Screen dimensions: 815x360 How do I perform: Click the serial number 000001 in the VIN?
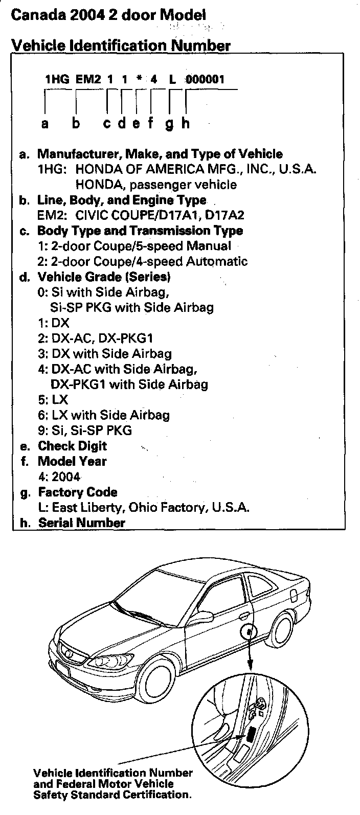tap(205, 79)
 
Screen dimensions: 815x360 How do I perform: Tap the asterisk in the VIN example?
tap(139, 79)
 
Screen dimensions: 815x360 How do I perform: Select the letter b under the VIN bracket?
tap(76, 123)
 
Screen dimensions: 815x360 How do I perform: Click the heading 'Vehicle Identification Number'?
tap(121, 46)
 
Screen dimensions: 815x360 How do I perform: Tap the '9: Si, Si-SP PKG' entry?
tap(84, 431)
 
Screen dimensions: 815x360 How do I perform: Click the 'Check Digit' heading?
tap(72, 446)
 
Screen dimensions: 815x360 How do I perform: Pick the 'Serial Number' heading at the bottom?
tap(81, 523)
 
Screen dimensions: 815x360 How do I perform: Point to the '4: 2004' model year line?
tap(59, 477)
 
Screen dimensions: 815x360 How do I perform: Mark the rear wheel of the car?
tap(283, 635)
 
